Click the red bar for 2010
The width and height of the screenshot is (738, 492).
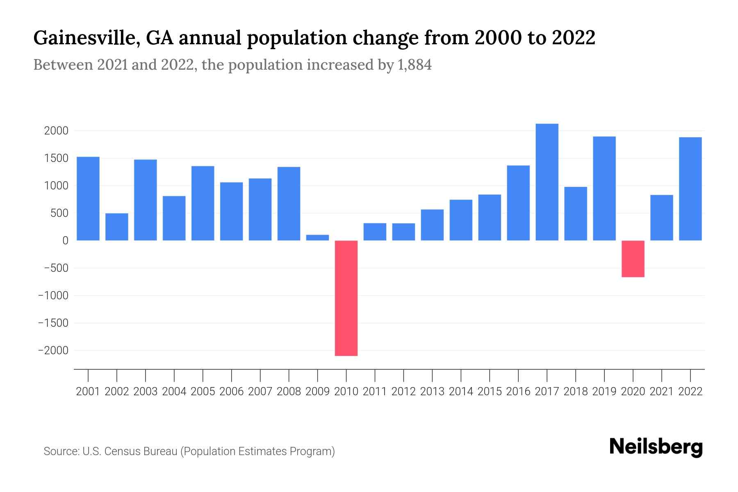(x=346, y=298)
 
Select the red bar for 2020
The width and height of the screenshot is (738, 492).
(x=633, y=259)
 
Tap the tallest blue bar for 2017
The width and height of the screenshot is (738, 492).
(x=547, y=182)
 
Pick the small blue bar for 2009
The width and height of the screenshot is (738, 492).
(x=317, y=237)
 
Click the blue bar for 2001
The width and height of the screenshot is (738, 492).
(x=88, y=198)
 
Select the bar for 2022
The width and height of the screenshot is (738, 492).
(x=690, y=189)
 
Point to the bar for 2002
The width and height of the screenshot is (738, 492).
(x=117, y=227)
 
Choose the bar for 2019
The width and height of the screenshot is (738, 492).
(x=604, y=188)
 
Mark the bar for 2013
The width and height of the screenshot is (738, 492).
(x=432, y=225)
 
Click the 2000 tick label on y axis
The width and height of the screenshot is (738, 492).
(x=56, y=131)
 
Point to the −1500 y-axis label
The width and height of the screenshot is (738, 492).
(x=53, y=323)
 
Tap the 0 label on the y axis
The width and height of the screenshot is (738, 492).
(x=65, y=241)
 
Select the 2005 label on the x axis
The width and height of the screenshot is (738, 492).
(x=203, y=392)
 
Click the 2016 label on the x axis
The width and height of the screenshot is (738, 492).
(x=518, y=392)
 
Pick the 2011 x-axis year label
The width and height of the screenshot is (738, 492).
(x=375, y=392)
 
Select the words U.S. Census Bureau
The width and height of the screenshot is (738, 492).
(x=130, y=451)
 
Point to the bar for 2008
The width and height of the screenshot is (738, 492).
(x=289, y=203)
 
